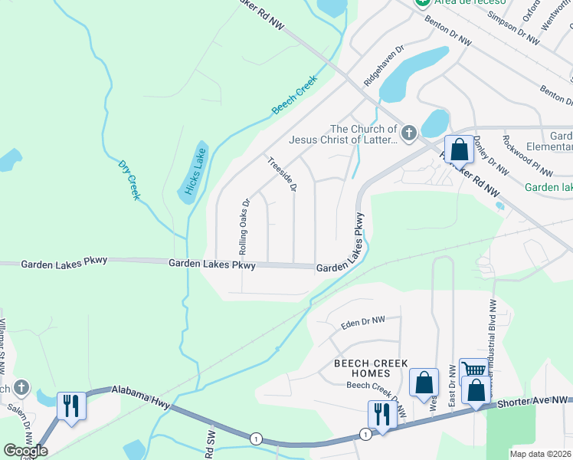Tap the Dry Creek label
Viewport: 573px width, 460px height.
[x=129, y=180]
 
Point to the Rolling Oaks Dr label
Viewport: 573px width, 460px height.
[x=244, y=228]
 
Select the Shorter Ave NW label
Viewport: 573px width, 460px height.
[x=532, y=401]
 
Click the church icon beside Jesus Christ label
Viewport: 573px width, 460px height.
[x=408, y=132]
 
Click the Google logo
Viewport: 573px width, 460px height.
[x=25, y=450]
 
